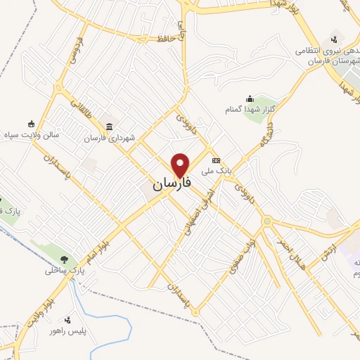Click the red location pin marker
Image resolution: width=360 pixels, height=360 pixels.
point(181,165)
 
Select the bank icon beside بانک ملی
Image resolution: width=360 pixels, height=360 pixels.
point(216,160)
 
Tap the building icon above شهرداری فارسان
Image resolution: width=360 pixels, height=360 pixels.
point(109,127)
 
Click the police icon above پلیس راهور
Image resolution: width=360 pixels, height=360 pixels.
point(67,320)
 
